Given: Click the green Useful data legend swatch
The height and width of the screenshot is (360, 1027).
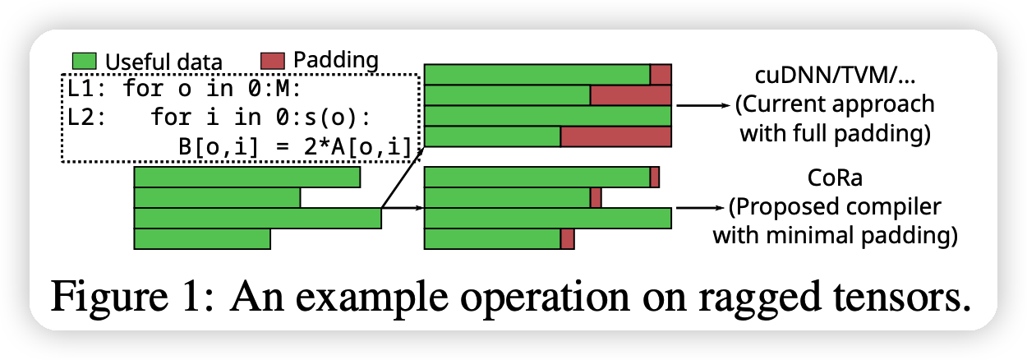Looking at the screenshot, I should (x=85, y=62).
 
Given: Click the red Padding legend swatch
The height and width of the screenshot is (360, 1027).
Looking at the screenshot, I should (x=273, y=61).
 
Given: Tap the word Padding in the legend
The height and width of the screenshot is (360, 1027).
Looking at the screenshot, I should (x=335, y=60).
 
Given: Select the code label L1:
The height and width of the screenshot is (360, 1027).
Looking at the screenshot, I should (x=86, y=88).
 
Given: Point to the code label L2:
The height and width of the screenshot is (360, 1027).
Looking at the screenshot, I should (x=86, y=117).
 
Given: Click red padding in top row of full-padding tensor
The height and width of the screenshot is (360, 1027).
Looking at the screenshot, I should (x=661, y=75).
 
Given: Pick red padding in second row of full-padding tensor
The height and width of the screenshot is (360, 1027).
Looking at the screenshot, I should (x=630, y=95).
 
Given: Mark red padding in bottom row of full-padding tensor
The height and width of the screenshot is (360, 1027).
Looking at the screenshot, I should (x=615, y=136).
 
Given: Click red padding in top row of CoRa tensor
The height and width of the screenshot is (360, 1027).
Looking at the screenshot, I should (x=655, y=177).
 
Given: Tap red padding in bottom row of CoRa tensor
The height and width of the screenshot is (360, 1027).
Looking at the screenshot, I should (x=567, y=238).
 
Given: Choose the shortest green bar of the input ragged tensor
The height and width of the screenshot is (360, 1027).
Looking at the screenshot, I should (x=202, y=238).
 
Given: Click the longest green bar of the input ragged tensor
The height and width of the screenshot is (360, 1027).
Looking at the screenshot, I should (x=257, y=218).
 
